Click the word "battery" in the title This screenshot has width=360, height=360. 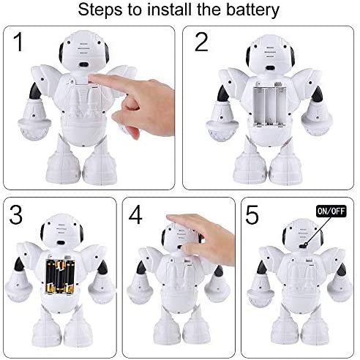[252, 10]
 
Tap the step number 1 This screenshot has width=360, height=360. [18, 42]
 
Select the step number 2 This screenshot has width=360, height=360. [201, 42]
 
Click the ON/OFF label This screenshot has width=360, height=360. [331, 211]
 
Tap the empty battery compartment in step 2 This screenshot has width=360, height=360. [269, 106]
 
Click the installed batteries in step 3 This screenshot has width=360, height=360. [60, 277]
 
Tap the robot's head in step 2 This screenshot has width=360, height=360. [270, 54]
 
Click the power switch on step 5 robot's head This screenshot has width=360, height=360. [303, 246]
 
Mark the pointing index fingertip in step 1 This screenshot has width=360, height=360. [91, 78]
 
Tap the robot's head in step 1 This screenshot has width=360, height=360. [83, 51]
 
